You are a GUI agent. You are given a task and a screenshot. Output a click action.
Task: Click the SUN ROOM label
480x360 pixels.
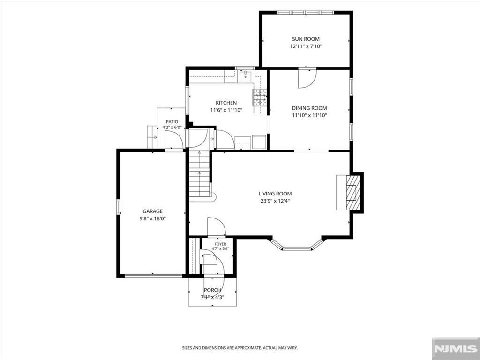306,39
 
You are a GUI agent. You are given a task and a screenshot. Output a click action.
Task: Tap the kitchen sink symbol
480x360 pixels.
246,76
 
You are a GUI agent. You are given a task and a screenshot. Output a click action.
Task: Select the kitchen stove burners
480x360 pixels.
259,97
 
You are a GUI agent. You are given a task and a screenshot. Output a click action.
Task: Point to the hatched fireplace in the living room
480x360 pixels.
353,192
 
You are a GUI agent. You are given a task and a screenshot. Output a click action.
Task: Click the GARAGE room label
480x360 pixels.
152,211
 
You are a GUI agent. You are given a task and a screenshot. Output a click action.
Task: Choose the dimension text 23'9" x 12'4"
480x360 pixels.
275,201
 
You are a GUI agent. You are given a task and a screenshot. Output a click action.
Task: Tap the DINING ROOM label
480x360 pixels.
309,108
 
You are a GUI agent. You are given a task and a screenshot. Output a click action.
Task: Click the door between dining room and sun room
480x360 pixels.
307,79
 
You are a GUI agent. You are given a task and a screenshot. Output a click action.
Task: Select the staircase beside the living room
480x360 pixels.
200,174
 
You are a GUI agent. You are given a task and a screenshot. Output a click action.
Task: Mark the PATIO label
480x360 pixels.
172,122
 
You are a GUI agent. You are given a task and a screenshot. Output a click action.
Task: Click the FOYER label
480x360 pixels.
220,244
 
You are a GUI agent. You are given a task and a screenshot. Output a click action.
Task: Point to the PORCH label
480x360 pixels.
212,290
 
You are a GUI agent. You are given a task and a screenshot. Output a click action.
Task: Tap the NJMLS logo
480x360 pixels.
456,349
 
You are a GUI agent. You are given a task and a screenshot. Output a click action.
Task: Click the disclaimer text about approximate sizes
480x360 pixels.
240,348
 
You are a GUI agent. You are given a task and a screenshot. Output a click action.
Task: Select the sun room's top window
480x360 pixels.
305,13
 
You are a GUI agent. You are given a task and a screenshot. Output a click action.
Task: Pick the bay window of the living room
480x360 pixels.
297,244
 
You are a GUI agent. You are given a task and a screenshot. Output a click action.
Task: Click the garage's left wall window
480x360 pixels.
118,207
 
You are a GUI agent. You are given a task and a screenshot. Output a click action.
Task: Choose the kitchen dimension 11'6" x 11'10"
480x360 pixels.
226,110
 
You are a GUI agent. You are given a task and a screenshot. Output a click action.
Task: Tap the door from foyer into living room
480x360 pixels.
217,227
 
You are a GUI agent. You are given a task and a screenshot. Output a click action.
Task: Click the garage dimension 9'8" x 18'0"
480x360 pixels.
152,218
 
